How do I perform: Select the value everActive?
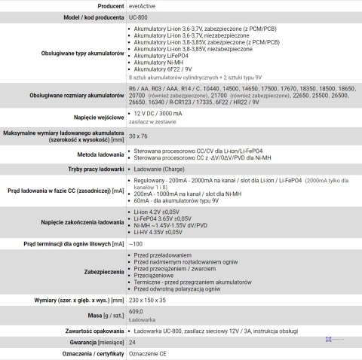tap(143, 5)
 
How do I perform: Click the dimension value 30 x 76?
tap(138, 136)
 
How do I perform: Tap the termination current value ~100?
tap(136, 245)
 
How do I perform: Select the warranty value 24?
tap(133, 342)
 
